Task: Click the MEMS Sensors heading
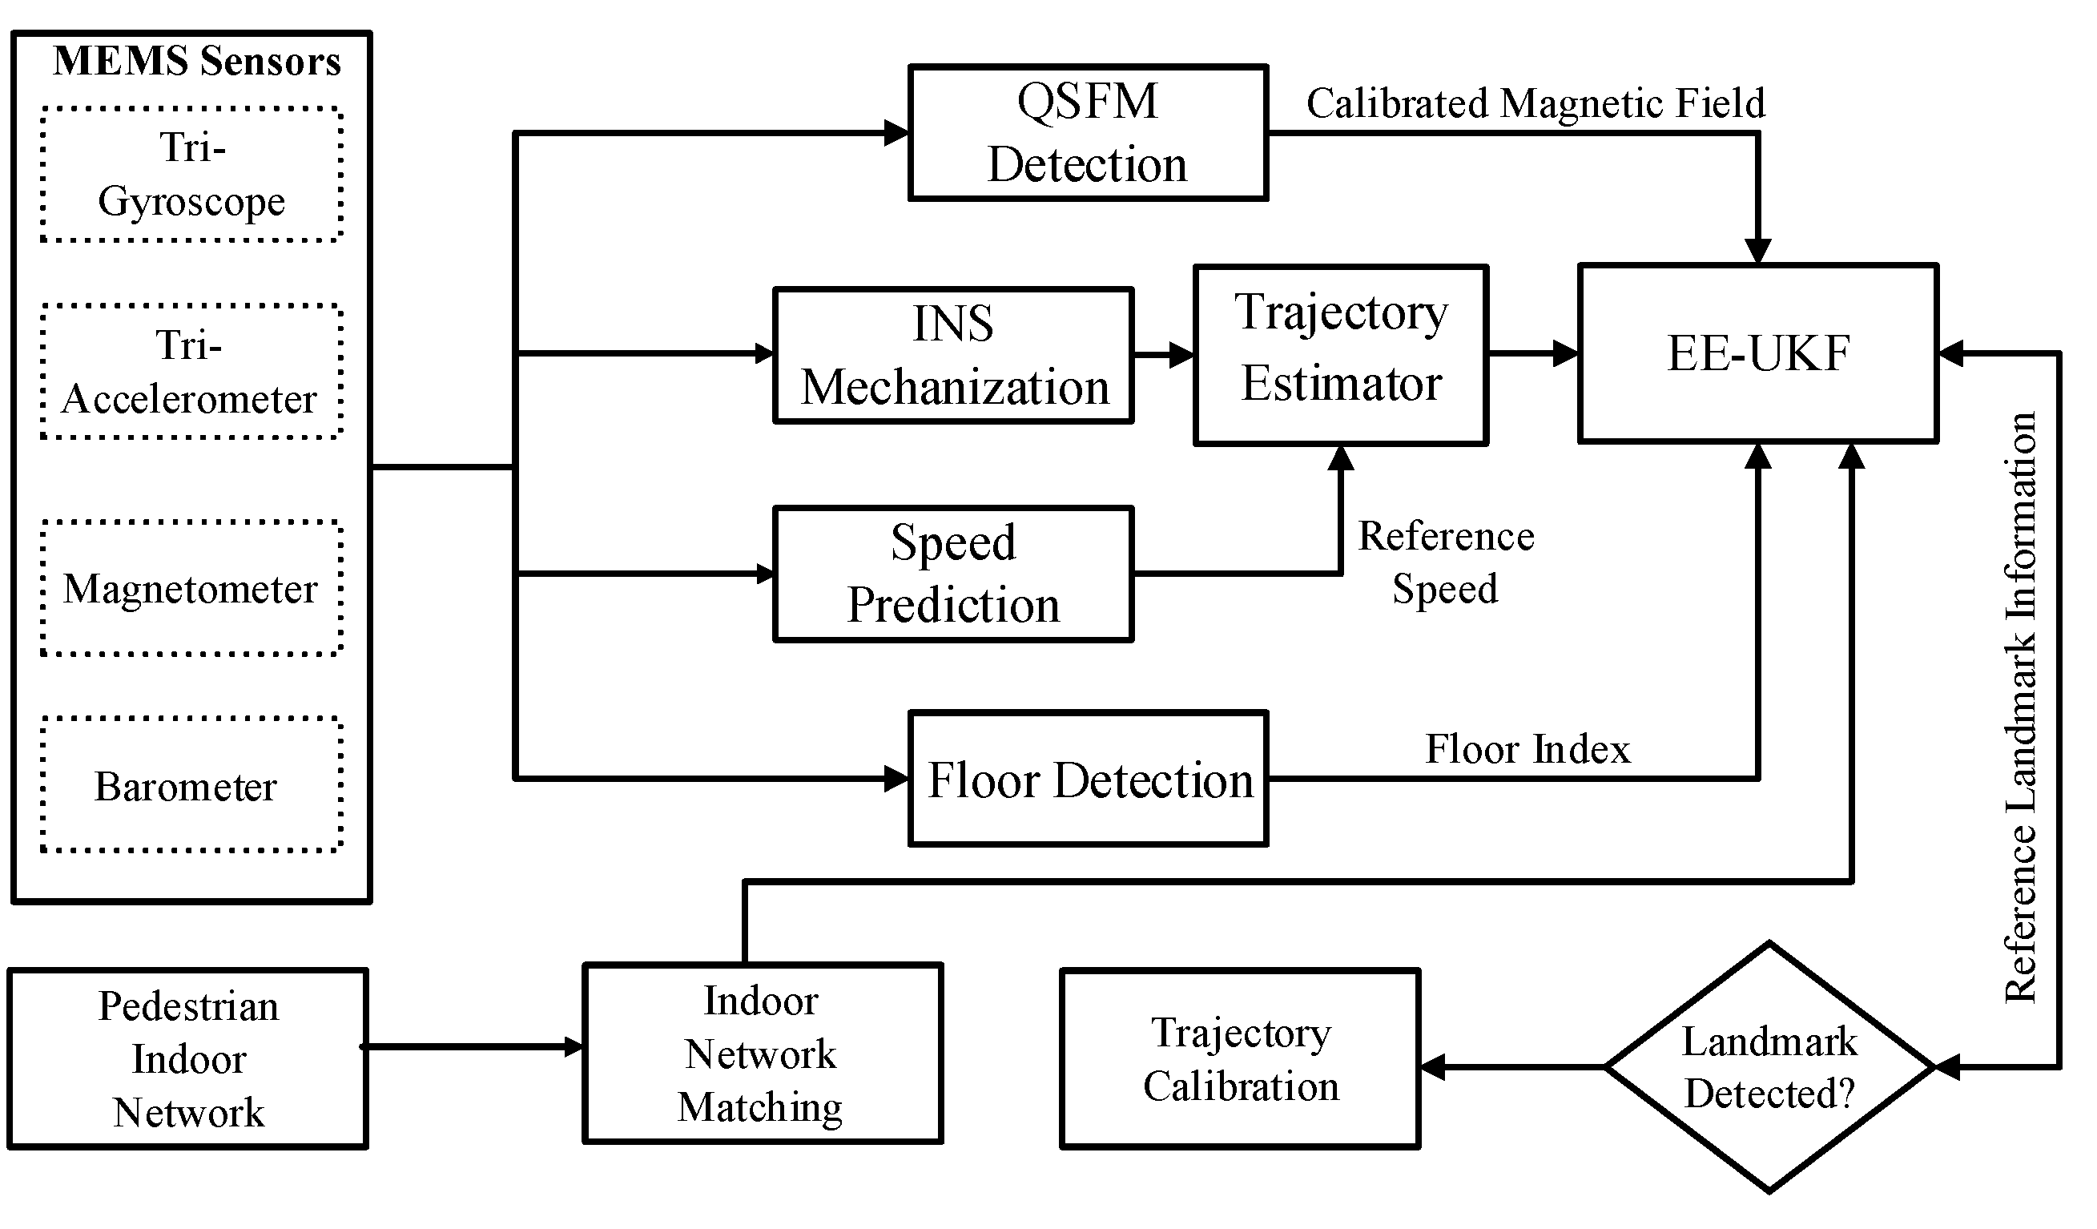coord(197,62)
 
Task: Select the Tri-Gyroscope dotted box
coord(191,175)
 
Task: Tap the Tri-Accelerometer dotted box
coord(191,372)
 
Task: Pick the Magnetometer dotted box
coord(191,589)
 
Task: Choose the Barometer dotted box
coord(191,785)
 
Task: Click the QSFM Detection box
coord(1088,133)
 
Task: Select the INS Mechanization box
coord(954,355)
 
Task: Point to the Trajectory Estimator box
coord(1341,355)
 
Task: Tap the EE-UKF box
coord(1757,353)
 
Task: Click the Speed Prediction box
coord(954,574)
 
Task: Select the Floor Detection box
coord(1088,780)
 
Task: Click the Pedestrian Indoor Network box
coord(188,1058)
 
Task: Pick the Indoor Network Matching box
coord(762,1054)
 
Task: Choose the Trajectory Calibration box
coord(1240,1058)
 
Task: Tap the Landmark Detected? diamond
coord(1769,1066)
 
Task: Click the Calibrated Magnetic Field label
coord(1536,104)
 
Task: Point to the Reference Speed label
coord(1446,562)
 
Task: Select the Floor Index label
coord(1527,749)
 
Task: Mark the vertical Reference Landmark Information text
coord(2019,707)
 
